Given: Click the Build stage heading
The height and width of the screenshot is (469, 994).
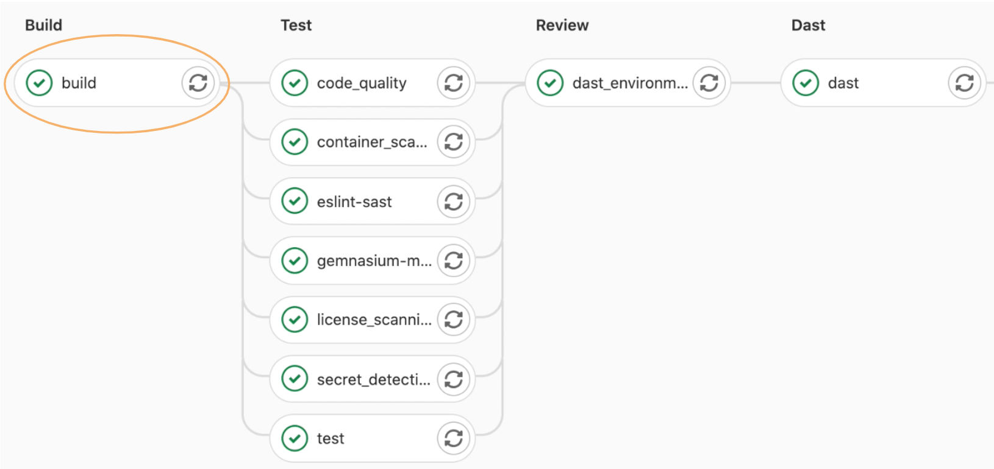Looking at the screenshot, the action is pos(43,25).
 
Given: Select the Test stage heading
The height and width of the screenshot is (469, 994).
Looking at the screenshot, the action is pos(296,25).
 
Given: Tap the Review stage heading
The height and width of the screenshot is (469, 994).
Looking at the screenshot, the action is pos(562,25).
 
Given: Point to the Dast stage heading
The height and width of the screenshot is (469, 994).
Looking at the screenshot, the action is pos(808,25).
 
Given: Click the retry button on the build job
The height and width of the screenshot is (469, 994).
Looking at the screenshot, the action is pos(198,83).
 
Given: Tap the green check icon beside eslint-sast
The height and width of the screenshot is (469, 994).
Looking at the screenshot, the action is pos(295,201).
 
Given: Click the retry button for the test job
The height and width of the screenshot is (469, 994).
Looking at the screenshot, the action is pos(454,439).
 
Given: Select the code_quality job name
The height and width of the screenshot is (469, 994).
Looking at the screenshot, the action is pos(362,83).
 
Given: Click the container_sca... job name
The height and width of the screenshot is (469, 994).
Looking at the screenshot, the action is pos(372,143).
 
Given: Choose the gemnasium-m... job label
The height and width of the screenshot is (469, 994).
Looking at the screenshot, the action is pos(374,261).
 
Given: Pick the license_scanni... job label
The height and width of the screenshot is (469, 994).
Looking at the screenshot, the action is pos(374,320).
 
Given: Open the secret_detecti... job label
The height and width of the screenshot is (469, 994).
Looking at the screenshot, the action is pos(374,379).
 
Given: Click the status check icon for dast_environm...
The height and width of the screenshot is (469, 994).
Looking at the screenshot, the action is pos(550,83).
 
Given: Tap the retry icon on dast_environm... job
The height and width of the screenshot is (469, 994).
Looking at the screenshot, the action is pos(709,83).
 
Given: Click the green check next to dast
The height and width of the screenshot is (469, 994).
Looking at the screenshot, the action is pos(806,83).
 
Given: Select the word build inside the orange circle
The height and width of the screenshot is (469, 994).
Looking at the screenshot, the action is pos(79,83).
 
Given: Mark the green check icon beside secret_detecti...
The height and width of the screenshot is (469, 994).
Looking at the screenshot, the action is pos(295,379).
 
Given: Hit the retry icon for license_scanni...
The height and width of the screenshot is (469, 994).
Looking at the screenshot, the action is pos(454,320).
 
